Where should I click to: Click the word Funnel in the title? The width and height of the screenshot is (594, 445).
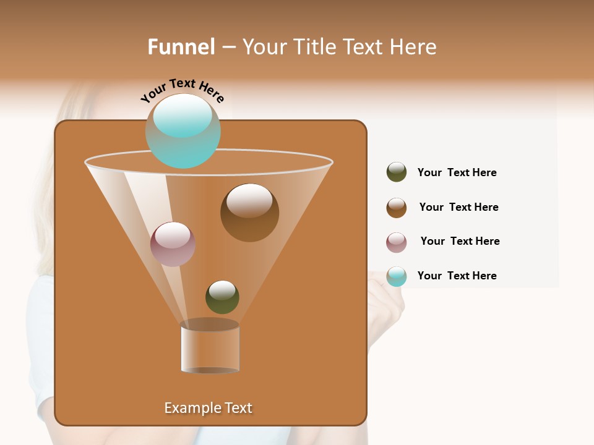click(x=181, y=47)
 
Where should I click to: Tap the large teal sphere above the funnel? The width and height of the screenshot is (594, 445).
click(x=183, y=131)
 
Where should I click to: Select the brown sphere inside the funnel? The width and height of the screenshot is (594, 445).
click(x=249, y=213)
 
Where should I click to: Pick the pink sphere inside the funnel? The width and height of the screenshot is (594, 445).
click(x=173, y=244)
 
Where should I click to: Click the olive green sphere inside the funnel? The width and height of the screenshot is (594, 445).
click(x=222, y=297)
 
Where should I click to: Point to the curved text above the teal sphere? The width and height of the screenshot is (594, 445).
click(x=182, y=90)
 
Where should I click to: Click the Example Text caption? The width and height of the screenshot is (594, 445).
click(x=208, y=408)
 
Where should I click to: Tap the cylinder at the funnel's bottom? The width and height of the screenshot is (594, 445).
click(x=210, y=348)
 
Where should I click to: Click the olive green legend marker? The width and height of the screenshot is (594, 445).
click(x=397, y=172)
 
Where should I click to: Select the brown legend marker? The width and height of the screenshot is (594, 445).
click(x=397, y=208)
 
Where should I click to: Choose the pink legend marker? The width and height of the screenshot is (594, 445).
click(x=397, y=242)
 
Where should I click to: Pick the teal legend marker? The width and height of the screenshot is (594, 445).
click(x=397, y=276)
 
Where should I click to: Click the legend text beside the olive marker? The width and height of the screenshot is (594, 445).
click(x=457, y=172)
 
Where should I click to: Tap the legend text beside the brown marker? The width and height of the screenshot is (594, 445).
click(x=458, y=207)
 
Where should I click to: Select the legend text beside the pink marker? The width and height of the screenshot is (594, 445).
click(x=460, y=241)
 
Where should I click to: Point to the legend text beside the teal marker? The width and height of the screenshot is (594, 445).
click(x=457, y=276)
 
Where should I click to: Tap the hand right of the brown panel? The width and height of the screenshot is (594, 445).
click(x=386, y=297)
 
